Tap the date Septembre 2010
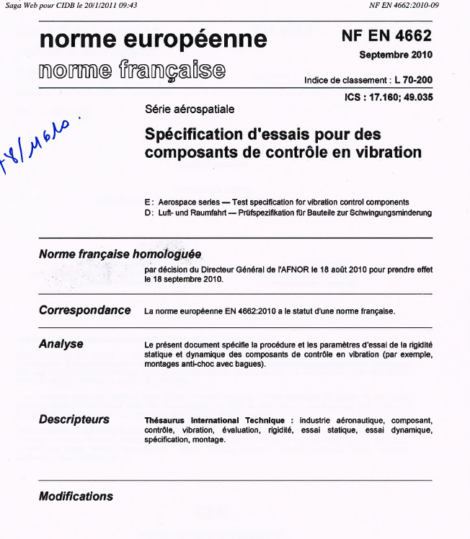coord(395,55)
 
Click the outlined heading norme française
coord(132,70)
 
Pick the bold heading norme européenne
coord(153,39)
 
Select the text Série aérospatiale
coord(190,110)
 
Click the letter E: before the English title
coord(148,202)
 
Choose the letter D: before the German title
coord(148,213)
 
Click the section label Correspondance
coord(84,311)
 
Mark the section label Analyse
coord(61,344)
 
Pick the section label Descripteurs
coord(74,419)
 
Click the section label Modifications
coord(76,496)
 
